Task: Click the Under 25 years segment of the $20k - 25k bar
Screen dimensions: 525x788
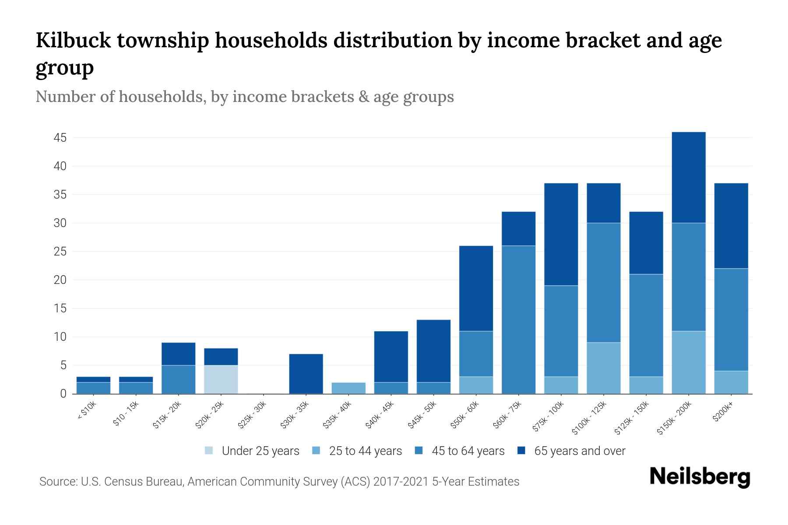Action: [221, 379]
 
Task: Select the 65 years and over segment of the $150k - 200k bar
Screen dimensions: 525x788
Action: [689, 178]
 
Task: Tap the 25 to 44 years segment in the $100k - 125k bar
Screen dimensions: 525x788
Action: [604, 368]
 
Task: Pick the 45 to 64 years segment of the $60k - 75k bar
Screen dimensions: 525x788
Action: [519, 319]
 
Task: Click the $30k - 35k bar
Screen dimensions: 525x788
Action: [306, 374]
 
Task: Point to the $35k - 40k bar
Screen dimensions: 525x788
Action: [348, 388]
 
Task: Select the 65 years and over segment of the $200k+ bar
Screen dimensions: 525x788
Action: [731, 226]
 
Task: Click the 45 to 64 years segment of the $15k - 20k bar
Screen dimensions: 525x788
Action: [179, 379]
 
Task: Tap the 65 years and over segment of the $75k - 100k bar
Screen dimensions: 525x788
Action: [561, 234]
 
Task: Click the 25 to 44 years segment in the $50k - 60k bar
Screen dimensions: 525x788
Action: [476, 385]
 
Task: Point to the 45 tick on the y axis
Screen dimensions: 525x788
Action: [60, 138]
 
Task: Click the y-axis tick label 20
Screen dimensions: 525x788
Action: [60, 280]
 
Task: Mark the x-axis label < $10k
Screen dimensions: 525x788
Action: [87, 411]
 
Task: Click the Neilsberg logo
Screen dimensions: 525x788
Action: [700, 477]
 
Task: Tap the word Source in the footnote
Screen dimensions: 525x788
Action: [57, 482]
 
